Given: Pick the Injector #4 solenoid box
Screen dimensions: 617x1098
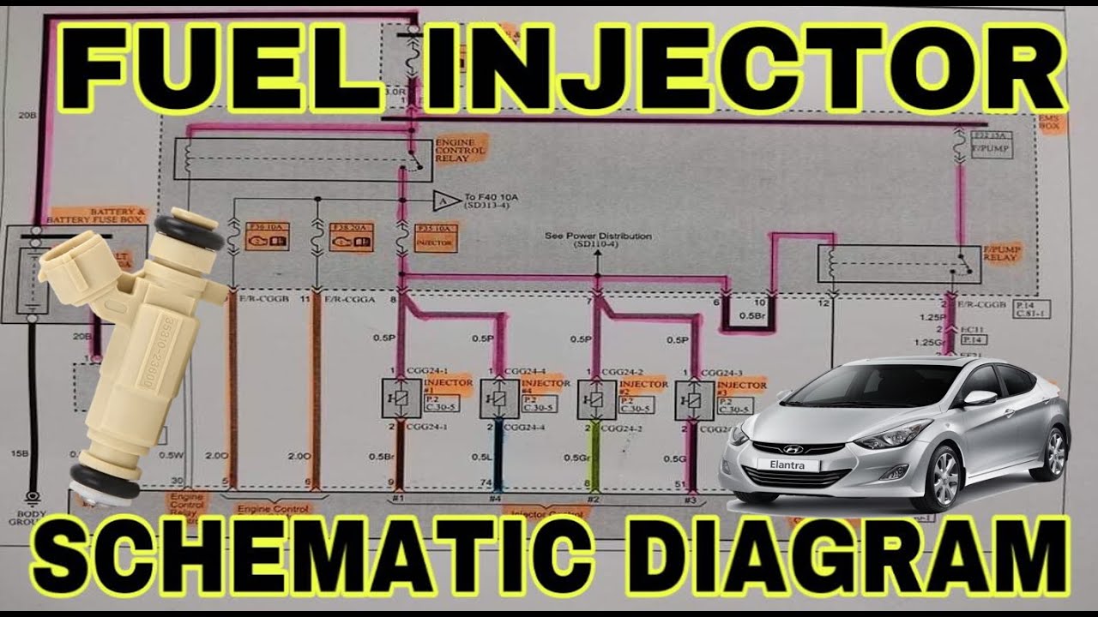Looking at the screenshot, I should click(x=498, y=399).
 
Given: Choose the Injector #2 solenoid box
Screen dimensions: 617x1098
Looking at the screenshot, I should click(x=595, y=399).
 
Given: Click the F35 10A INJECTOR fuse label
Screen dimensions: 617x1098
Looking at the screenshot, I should click(x=435, y=237).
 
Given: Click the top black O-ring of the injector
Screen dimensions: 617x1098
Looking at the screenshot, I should click(x=190, y=227).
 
